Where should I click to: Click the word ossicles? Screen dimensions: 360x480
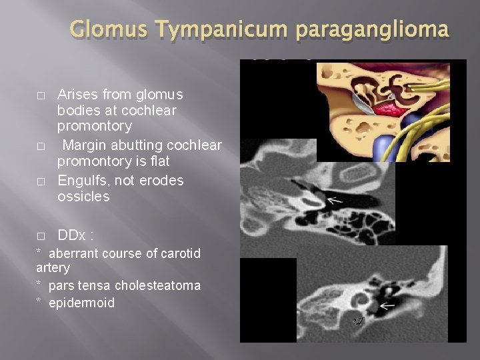pos(84,197)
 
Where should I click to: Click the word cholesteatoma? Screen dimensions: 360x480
pos(158,285)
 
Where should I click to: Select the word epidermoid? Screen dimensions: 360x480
pos(82,303)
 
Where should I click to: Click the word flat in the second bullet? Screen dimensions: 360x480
pos(160,162)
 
